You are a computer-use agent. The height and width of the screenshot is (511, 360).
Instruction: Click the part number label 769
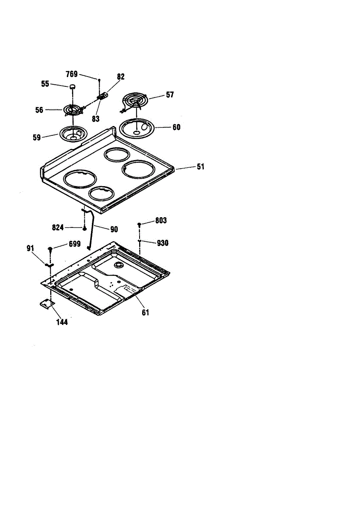[71, 74]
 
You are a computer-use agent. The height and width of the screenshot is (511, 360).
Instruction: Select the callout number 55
[45, 84]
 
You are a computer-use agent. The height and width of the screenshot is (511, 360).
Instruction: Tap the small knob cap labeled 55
[72, 86]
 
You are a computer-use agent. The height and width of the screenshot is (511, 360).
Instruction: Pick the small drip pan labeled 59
[74, 133]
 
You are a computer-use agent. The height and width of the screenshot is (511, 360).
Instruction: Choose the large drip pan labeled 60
[137, 127]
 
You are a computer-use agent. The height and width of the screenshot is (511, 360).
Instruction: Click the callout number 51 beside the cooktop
[200, 167]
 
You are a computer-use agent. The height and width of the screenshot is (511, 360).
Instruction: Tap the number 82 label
[121, 77]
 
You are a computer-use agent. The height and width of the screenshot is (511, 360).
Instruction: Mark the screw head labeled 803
[139, 224]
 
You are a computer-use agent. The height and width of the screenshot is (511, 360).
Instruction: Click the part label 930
[163, 243]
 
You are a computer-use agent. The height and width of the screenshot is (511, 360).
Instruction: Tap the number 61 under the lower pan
[145, 313]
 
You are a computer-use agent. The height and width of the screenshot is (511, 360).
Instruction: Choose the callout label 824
[58, 228]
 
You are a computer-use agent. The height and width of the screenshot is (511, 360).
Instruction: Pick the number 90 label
[114, 230]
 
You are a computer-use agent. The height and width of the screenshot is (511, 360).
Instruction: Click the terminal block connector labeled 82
[102, 97]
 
